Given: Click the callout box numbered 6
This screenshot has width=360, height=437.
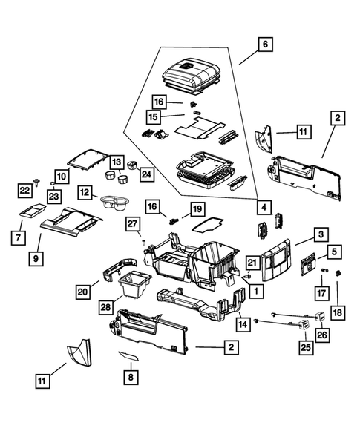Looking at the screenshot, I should (264, 45).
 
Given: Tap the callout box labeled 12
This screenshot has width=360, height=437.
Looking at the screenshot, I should (85, 193).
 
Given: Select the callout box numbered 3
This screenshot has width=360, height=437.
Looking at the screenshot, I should (321, 234).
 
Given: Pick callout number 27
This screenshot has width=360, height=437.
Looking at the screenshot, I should (132, 225).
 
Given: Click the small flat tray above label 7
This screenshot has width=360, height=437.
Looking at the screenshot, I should (33, 212).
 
